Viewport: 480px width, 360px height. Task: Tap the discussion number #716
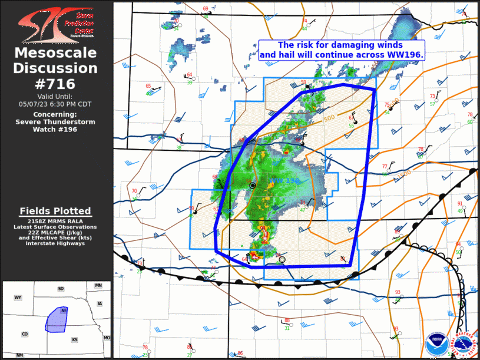55,84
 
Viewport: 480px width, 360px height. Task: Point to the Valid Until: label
55,97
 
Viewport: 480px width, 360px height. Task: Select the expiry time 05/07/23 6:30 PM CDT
55,104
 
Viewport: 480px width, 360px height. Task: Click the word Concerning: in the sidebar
55,114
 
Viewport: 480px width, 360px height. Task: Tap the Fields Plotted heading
55,211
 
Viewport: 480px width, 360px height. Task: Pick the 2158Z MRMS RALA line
55,221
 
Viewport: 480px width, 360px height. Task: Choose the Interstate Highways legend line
55,243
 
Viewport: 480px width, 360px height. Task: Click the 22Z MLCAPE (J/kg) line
55,232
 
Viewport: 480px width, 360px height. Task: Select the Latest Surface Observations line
55,226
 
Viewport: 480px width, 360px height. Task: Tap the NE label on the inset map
63,311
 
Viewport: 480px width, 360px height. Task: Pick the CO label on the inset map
25,334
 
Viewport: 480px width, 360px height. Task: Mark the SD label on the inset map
61,289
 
